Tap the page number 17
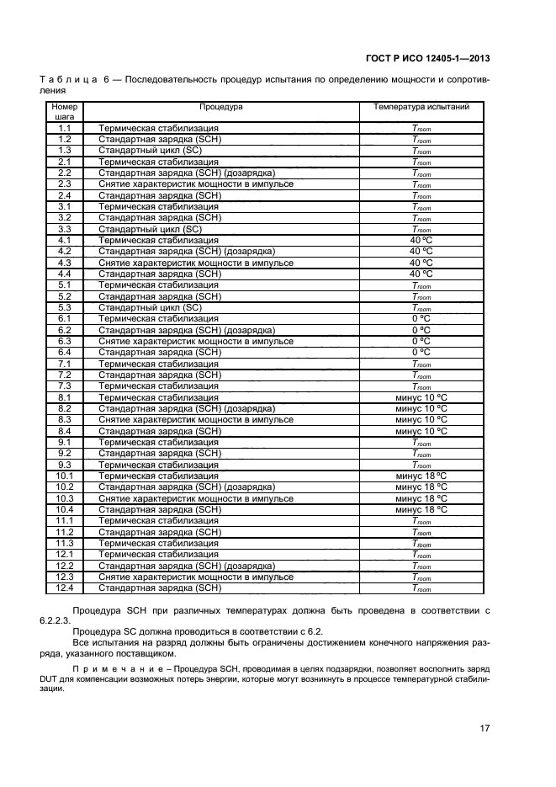(485, 728)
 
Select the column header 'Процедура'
(220, 107)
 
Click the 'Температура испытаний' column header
(421, 107)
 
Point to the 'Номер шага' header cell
(64, 113)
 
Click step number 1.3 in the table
(64, 150)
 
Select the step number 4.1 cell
(64, 240)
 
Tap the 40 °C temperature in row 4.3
(421, 263)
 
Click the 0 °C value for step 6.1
(421, 319)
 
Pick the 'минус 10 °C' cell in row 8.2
(421, 408)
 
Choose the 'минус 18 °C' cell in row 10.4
(421, 509)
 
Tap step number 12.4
(64, 588)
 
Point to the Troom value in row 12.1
(421, 555)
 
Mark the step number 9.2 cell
(64, 453)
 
